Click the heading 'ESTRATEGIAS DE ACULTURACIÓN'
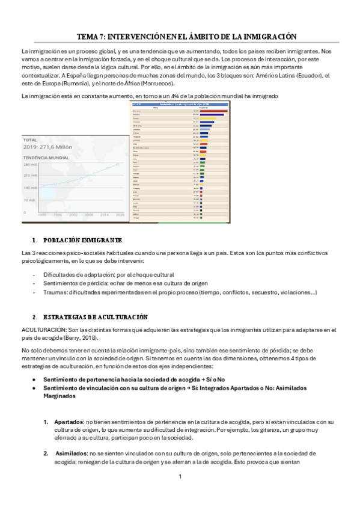(96, 317)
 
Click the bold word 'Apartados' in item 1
(67, 422)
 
